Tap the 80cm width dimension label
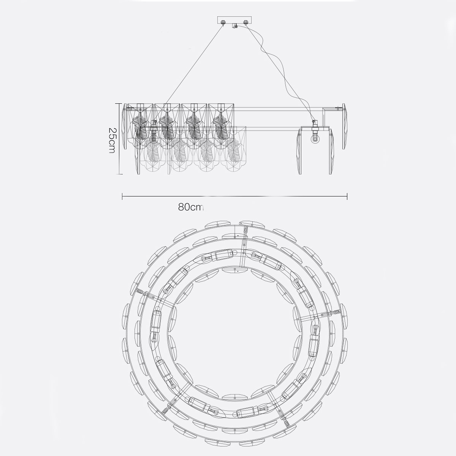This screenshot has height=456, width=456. tap(191, 207)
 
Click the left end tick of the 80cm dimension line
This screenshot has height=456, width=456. tap(122, 196)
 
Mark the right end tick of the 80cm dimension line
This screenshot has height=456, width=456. tap(347, 196)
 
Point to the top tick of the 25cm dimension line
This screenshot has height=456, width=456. tap(119, 103)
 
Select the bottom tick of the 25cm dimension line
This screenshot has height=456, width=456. tap(119, 174)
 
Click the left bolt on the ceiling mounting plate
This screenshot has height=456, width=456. tap(223, 22)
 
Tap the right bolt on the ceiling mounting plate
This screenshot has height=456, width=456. tap(245, 22)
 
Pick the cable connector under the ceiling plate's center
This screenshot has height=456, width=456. tap(234, 26)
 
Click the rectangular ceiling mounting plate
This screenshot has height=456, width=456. tap(234, 20)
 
